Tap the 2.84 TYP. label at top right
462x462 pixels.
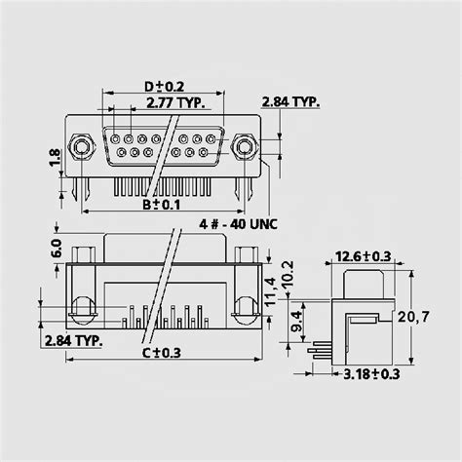292,100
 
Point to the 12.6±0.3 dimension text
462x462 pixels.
363,256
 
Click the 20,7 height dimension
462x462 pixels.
433,318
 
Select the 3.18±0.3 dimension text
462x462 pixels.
372,372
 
